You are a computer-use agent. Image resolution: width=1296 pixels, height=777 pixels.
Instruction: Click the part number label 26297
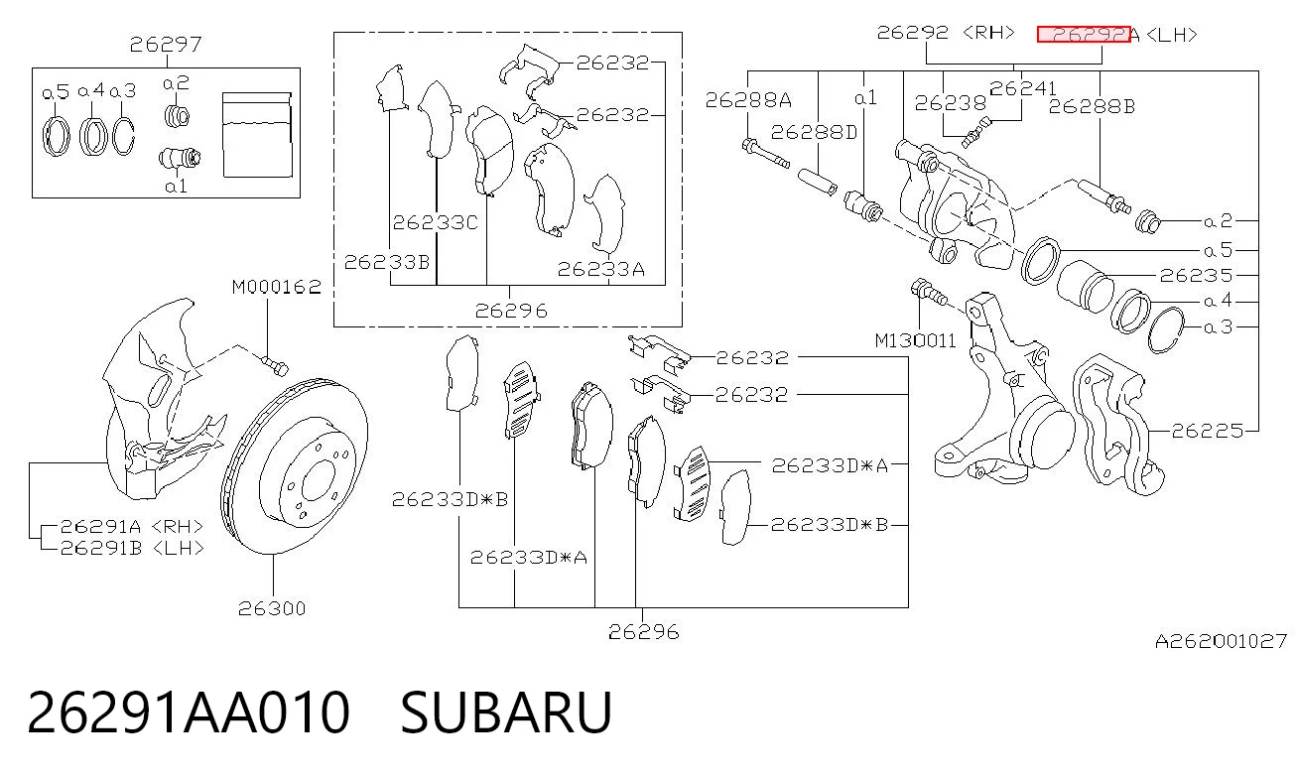tap(166, 45)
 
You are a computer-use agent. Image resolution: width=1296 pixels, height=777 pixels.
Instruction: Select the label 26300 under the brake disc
tap(272, 608)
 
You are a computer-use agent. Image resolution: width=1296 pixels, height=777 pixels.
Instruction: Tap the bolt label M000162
tap(277, 287)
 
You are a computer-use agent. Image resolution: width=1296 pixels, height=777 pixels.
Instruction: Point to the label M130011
tap(915, 340)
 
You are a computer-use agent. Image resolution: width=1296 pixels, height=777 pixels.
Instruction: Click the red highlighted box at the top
tap(1084, 35)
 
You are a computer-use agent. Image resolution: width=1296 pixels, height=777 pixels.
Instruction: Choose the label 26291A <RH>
tap(132, 527)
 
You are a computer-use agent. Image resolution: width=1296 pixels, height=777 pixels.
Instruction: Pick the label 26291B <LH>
tap(132, 548)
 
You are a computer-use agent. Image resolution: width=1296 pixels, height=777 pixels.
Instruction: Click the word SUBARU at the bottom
tap(506, 712)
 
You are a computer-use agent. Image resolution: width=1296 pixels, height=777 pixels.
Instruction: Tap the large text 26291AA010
tap(189, 712)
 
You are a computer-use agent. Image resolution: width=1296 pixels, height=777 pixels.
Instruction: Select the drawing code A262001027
tap(1221, 641)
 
